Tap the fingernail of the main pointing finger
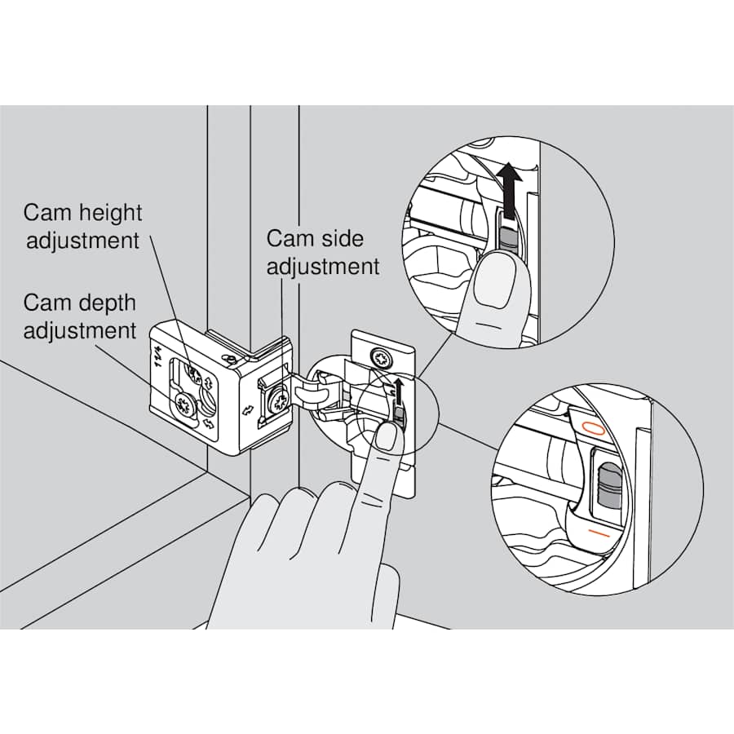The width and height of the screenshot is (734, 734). click(x=387, y=436)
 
